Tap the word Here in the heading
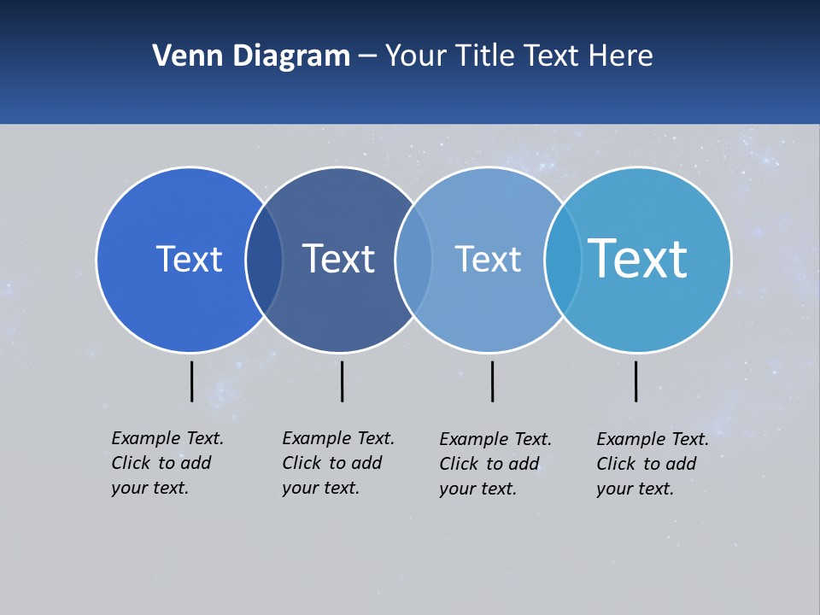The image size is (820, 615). pyautogui.click(x=621, y=56)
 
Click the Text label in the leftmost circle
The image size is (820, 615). pyautogui.click(x=189, y=259)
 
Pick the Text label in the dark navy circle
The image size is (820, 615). pyautogui.click(x=338, y=259)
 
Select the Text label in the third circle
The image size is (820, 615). pyautogui.click(x=488, y=259)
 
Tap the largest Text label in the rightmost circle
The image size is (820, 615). pyautogui.click(x=637, y=259)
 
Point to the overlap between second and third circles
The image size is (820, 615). pyautogui.click(x=413, y=260)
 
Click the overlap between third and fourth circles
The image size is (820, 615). pyautogui.click(x=563, y=260)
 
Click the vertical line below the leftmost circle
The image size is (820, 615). pyautogui.click(x=191, y=381)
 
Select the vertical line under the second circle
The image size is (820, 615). pyautogui.click(x=342, y=381)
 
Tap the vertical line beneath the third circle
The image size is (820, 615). pyautogui.click(x=492, y=381)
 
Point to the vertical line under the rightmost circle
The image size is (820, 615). pyautogui.click(x=635, y=381)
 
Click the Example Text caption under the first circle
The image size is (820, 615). pyautogui.click(x=167, y=463)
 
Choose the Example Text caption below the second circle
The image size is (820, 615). pyautogui.click(x=337, y=463)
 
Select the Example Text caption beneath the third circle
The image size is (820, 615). pyautogui.click(x=495, y=464)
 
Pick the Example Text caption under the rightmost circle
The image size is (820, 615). pyautogui.click(x=652, y=464)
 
